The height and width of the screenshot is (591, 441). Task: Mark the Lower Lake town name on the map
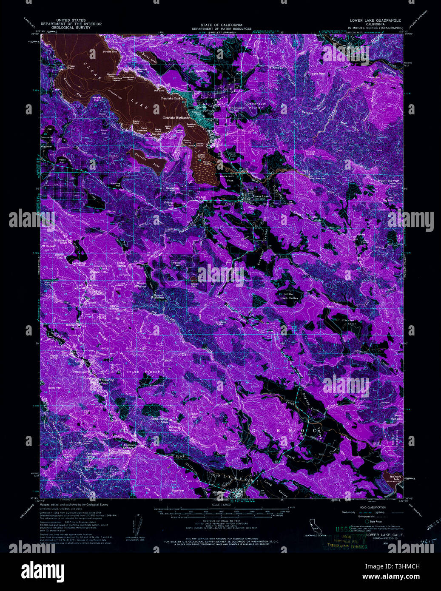[x=260, y=196]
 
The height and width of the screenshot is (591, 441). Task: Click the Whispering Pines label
[x=105, y=381]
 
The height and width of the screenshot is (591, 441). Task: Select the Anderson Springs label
[x=129, y=446]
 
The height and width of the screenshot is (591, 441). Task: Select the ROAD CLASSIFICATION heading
[x=372, y=508]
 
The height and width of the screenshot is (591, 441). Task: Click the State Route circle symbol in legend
[x=366, y=521]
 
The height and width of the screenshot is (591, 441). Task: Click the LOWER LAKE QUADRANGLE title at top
[x=375, y=20]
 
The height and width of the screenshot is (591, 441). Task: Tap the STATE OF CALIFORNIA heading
[x=221, y=25]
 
